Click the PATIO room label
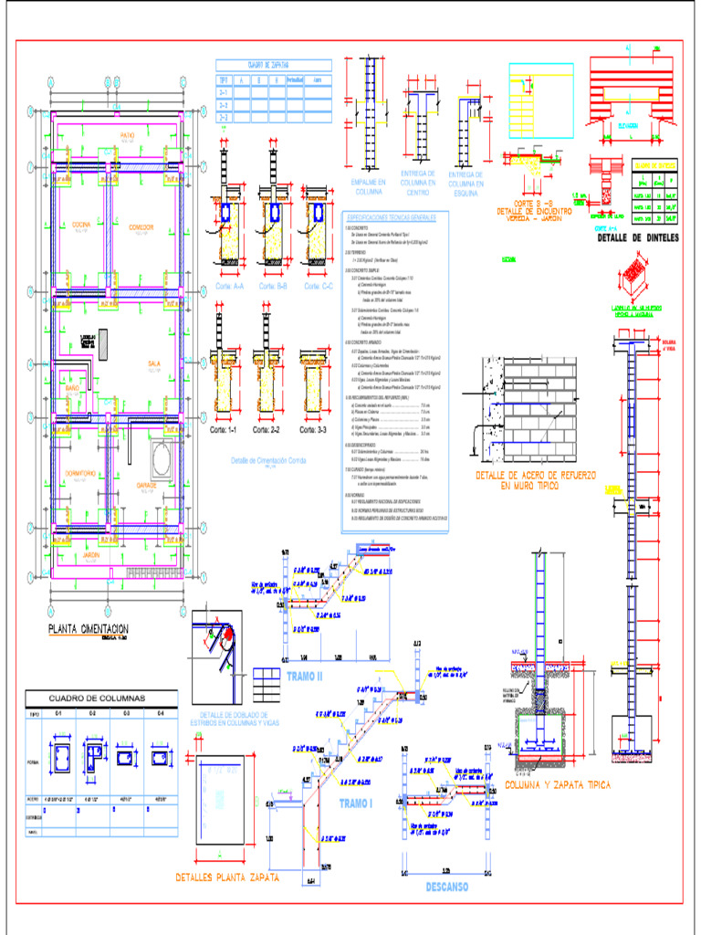[127, 135]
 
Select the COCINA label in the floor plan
[81, 224]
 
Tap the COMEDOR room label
[141, 226]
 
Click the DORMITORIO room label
[80, 472]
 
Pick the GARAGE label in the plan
[145, 485]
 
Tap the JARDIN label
[89, 555]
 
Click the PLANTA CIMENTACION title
[88, 629]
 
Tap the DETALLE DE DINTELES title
[638, 238]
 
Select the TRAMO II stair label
[305, 677]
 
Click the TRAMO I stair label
[356, 803]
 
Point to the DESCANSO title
[446, 887]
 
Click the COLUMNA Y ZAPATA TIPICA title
[558, 784]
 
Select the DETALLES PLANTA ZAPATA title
[227, 877]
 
